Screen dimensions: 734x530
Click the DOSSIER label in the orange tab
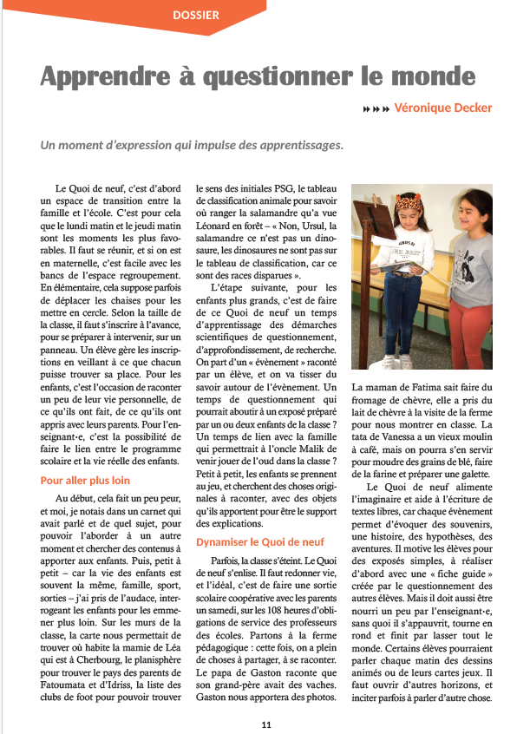(196, 15)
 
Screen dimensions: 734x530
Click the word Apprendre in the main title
(110, 76)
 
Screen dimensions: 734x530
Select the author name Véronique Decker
(442, 108)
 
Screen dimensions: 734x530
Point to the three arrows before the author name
(376, 109)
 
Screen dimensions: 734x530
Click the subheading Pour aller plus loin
(85, 480)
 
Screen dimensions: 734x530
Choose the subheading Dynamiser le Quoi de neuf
(260, 541)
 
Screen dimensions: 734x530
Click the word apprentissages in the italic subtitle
(302, 145)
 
